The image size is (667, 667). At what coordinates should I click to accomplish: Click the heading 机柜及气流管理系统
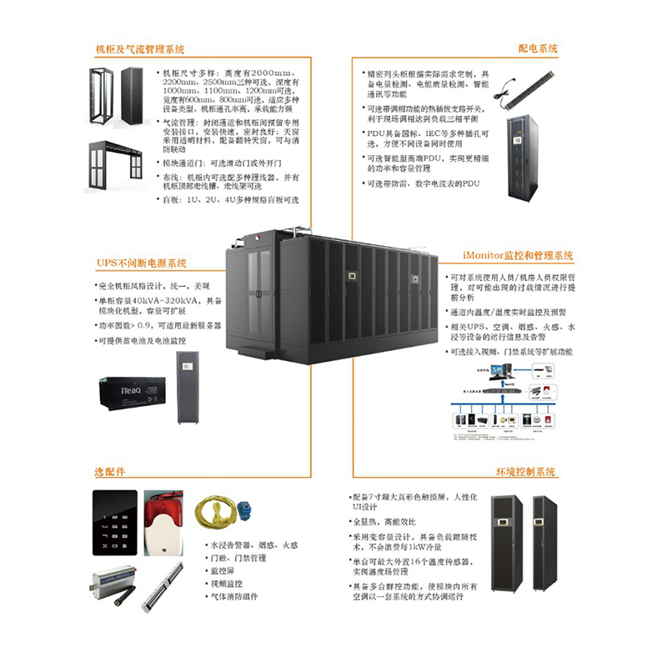pyautogui.click(x=141, y=50)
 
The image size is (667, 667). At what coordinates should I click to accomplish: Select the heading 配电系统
pyautogui.click(x=538, y=50)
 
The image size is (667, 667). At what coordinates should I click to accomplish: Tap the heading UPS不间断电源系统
pyautogui.click(x=142, y=264)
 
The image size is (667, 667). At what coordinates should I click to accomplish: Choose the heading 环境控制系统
pyautogui.click(x=525, y=472)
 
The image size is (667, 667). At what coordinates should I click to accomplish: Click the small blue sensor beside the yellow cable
pyautogui.click(x=248, y=511)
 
